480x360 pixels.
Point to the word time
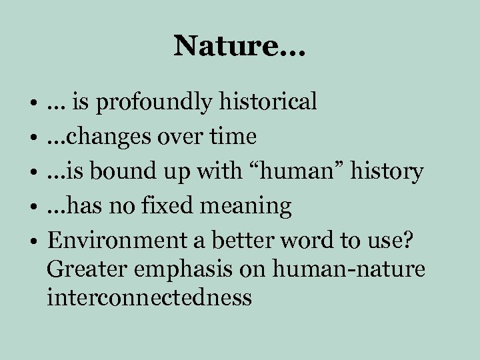coord(233,137)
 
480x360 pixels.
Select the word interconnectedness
coord(149,297)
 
